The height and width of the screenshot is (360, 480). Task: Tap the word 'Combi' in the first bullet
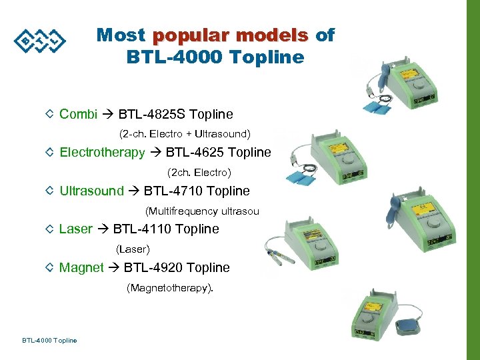point(78,114)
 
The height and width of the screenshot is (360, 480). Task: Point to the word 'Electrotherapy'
point(102,153)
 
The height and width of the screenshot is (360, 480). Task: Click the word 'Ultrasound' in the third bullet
point(91,191)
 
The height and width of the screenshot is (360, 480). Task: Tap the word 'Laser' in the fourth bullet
point(75,229)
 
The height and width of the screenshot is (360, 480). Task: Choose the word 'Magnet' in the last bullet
point(81,268)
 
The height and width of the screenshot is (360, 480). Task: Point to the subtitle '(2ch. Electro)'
point(199,173)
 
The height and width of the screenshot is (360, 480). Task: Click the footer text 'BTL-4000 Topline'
point(49,341)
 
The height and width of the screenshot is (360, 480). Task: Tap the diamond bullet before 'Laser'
point(50,229)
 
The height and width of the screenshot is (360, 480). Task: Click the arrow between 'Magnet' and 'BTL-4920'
point(113,268)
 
